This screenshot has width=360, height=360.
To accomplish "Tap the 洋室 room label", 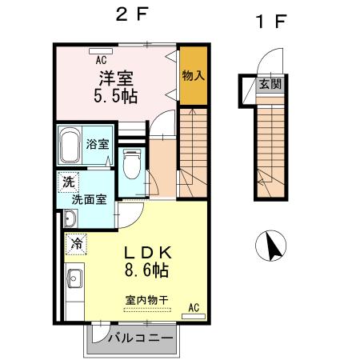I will pos(115,79).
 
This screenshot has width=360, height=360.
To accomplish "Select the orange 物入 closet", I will pos(190,76).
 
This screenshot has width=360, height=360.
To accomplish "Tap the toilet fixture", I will pos(131,163).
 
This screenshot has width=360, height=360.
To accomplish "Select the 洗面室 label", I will pos(90,200).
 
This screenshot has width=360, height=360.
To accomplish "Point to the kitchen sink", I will pos(74,279).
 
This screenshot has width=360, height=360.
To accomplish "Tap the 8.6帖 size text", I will pos(146,271).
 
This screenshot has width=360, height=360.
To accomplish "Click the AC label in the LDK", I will pos(194,307).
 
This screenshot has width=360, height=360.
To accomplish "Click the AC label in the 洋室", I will pos(101,59).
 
